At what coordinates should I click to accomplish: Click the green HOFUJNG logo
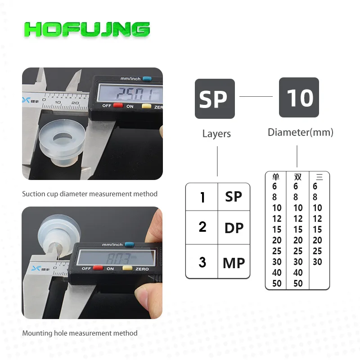point(87,29)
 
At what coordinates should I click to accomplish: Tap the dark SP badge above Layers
point(215,99)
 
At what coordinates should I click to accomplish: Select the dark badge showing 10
point(299,97)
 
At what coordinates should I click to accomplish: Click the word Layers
point(216,134)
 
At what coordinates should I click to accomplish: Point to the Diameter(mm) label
point(301,132)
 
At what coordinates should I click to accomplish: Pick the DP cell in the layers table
point(234,228)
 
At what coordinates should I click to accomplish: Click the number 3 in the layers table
point(202,262)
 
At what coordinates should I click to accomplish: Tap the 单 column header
point(276,177)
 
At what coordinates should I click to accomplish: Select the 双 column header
point(298,177)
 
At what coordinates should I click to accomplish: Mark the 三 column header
point(319,177)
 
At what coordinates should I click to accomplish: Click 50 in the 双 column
point(298,283)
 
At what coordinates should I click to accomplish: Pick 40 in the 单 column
point(277,273)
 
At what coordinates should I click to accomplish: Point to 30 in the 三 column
point(317,262)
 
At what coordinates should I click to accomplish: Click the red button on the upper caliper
point(118,105)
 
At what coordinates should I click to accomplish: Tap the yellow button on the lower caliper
point(127,268)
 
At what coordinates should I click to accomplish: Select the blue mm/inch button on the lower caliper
point(130,244)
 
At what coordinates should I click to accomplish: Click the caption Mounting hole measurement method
point(80,333)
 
